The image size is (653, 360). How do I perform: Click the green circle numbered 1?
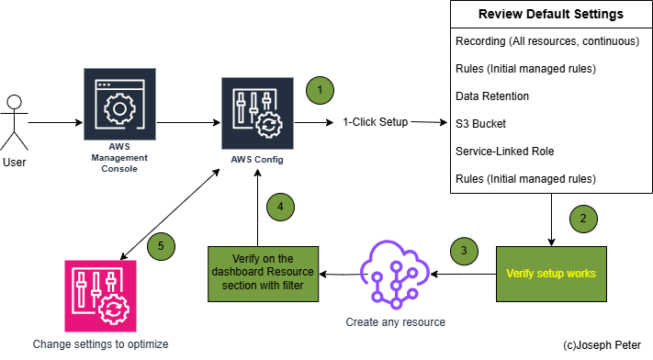[319, 90]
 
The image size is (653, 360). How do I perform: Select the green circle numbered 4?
[282, 208]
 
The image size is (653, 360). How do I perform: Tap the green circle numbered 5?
[161, 246]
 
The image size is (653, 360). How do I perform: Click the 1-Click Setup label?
[375, 121]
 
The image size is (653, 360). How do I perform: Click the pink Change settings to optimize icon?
[100, 296]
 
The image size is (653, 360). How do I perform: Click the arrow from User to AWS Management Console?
[55, 121]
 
